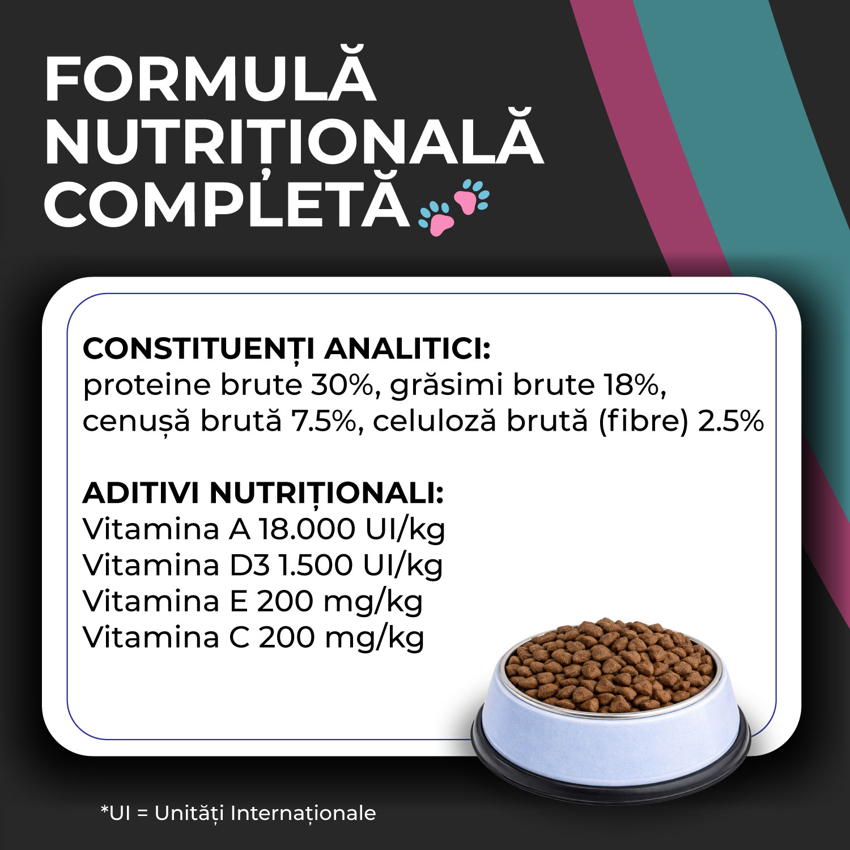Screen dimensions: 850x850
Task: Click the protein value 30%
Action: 342,385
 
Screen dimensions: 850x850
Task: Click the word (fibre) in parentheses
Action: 643,422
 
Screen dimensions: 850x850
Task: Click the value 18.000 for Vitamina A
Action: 307,529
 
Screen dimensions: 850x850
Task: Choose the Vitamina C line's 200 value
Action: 287,637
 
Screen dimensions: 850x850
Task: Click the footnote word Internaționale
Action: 303,813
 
